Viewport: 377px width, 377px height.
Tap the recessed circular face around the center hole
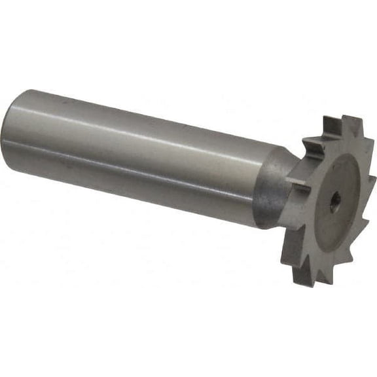pos(327,190)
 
